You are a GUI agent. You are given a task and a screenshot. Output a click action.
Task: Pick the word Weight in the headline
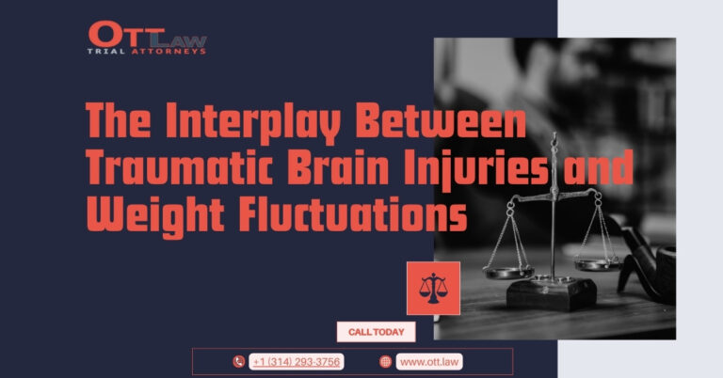point(155,217)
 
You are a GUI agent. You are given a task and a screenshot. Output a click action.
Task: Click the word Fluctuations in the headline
point(353,215)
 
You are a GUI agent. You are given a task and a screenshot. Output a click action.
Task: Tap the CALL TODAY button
point(376,332)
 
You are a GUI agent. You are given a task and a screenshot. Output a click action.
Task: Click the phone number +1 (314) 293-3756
point(297,362)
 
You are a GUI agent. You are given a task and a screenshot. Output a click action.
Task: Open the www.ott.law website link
point(429,362)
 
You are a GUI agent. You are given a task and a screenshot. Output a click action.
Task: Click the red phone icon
point(238,362)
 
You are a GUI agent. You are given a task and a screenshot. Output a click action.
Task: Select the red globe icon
point(385,362)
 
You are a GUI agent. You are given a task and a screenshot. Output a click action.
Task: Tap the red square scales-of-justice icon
point(433,289)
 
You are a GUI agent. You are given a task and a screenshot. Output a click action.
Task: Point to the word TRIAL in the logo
point(106,52)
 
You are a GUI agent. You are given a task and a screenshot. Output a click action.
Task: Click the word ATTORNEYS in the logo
point(169,52)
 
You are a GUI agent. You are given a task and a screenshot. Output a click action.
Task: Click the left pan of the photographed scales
point(508,272)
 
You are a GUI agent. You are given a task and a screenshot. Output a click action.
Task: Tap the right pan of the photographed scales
point(598,265)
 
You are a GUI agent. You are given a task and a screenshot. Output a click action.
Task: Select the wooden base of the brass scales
point(552,293)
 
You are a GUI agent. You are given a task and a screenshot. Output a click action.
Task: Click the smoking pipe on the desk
point(646,261)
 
